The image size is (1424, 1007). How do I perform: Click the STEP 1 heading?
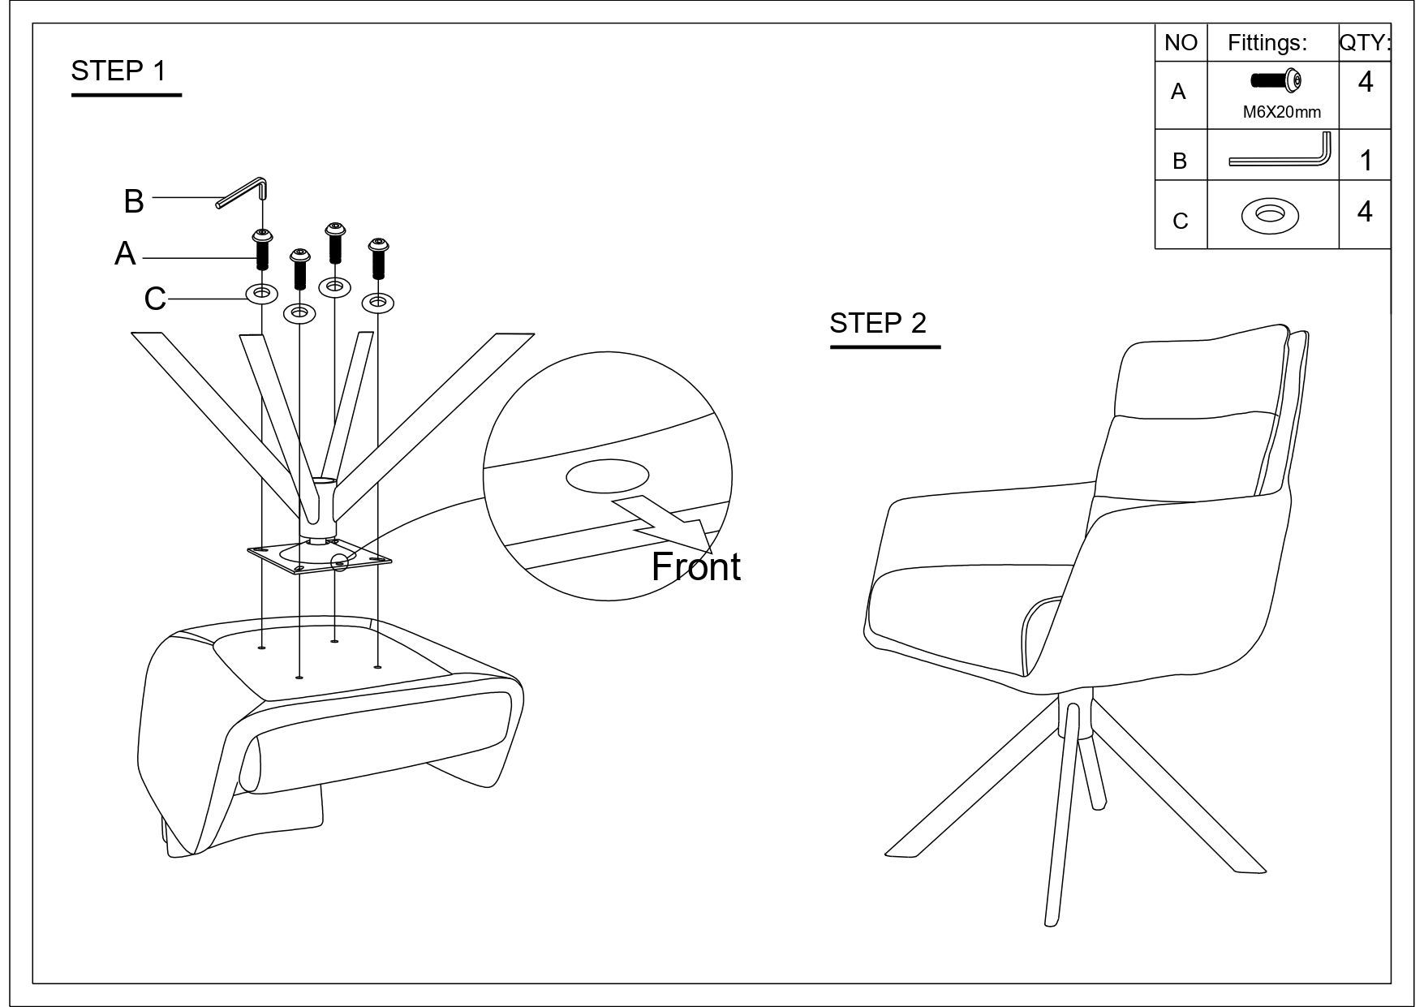click(x=118, y=71)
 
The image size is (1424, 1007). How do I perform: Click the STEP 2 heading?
click(x=877, y=323)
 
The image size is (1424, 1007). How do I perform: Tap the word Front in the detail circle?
click(x=695, y=566)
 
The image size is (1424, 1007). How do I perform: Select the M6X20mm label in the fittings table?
click(x=1281, y=113)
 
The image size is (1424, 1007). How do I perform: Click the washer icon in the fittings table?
click(x=1270, y=215)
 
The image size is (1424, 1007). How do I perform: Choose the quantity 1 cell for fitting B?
click(x=1366, y=161)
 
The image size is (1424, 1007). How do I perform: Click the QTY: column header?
click(x=1365, y=42)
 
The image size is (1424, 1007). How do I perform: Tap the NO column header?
click(x=1181, y=43)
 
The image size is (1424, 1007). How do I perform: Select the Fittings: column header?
click(x=1267, y=43)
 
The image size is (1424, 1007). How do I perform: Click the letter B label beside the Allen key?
click(x=134, y=201)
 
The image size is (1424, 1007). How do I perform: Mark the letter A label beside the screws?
click(x=125, y=254)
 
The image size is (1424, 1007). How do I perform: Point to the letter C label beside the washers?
click(x=154, y=299)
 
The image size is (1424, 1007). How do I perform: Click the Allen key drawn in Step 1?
click(x=243, y=192)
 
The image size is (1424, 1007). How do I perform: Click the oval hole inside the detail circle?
click(x=607, y=477)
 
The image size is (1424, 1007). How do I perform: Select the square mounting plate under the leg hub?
click(x=320, y=557)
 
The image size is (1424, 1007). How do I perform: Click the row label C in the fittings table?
click(x=1180, y=221)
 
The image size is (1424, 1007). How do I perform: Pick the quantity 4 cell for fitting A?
click(x=1366, y=82)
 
